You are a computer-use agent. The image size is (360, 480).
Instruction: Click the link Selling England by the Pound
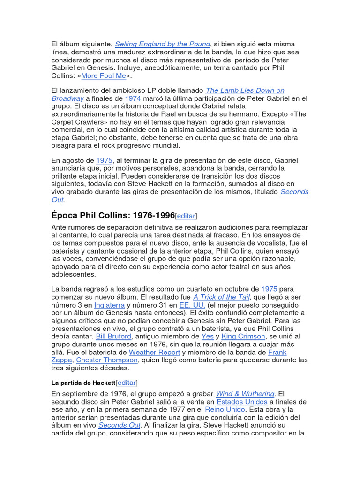(x=162, y=44)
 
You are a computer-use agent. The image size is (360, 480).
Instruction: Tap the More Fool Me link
(x=103, y=76)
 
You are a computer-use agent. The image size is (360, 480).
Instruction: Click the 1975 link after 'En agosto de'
(x=104, y=160)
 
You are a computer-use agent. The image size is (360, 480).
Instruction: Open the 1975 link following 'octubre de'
(x=269, y=289)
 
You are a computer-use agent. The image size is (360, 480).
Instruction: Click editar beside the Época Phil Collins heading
(x=186, y=216)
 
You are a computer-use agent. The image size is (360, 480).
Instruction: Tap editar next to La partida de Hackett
(x=127, y=383)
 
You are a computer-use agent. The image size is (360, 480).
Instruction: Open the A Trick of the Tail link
(x=221, y=297)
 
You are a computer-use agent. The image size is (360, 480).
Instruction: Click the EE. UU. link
(x=192, y=305)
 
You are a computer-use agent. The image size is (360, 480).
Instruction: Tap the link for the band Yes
(x=207, y=337)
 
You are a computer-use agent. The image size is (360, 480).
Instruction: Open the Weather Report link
(x=154, y=352)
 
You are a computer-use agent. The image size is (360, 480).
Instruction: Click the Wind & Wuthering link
(x=245, y=394)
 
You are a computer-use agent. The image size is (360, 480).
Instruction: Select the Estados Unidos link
(x=242, y=402)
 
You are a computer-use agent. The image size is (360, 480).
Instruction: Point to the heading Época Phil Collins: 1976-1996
(x=112, y=215)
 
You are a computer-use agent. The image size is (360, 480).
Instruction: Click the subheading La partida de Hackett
(x=82, y=383)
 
